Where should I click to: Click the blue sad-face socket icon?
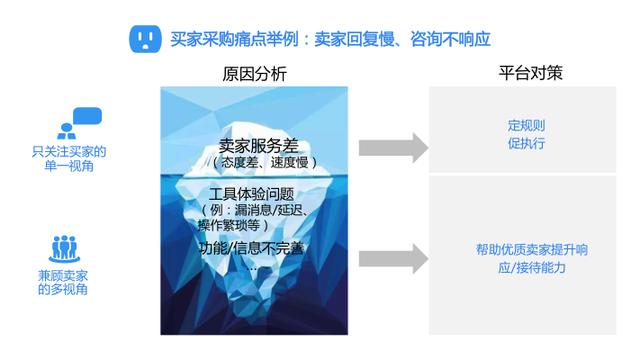145,39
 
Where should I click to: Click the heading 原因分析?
254,74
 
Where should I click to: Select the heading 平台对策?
530,73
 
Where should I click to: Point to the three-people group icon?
64,249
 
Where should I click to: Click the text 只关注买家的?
69,152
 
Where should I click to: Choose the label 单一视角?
69,166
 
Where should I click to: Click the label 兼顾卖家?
63,276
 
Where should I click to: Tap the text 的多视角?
63,289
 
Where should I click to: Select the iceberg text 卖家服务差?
258,146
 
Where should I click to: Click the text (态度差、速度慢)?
265,162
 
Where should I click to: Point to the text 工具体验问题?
251,194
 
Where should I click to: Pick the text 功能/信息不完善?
251,248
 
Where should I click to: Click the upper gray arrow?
393,148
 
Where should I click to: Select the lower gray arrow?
393,259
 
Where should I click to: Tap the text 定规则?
526,125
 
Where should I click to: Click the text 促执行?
526,143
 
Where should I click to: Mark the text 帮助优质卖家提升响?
532,249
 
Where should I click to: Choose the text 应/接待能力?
532,267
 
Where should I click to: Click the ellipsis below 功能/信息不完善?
252,269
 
